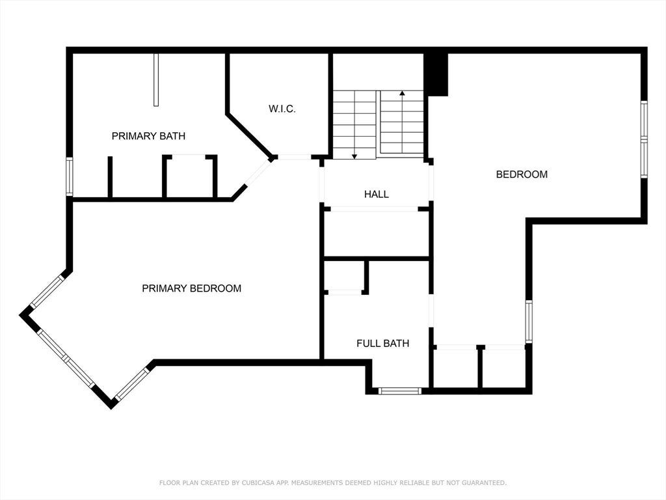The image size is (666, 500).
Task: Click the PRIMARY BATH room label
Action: pyautogui.click(x=148, y=136)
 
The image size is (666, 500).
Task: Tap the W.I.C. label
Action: pyautogui.click(x=282, y=109)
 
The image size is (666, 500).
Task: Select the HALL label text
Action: pyautogui.click(x=377, y=194)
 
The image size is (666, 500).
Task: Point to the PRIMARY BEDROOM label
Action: pyautogui.click(x=192, y=288)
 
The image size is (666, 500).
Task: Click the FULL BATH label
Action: pyautogui.click(x=382, y=343)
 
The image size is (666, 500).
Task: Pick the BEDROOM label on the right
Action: pyautogui.click(x=522, y=174)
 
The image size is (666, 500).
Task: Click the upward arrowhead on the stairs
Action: pyautogui.click(x=402, y=92)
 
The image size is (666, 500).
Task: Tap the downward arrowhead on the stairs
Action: pyautogui.click(x=354, y=156)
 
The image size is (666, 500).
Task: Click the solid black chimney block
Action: pyautogui.click(x=436, y=74)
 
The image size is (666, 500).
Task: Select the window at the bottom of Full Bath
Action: pyautogui.click(x=400, y=391)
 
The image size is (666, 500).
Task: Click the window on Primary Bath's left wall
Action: pyautogui.click(x=69, y=177)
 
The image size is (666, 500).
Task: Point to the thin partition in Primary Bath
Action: pyautogui.click(x=156, y=79)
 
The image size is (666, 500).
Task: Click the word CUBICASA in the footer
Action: pyautogui.click(x=258, y=482)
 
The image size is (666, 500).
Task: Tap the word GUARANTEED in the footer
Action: pyautogui.click(x=484, y=482)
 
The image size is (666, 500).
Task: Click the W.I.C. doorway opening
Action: pyautogui.click(x=295, y=158)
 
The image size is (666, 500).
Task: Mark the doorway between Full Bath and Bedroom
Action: pyautogui.click(x=431, y=311)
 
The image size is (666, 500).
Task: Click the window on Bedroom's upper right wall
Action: pyautogui.click(x=644, y=139)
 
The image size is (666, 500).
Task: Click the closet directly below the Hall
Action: pyautogui.click(x=377, y=234)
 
